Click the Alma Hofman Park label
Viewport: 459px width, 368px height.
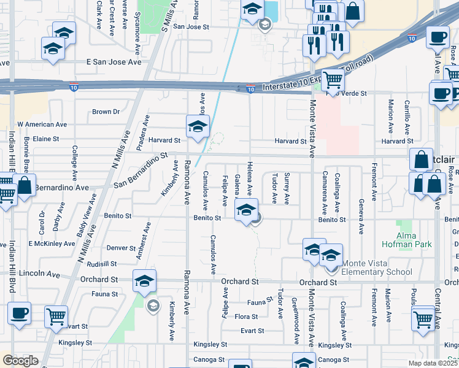pos(414,240)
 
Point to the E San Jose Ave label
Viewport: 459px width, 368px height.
pos(114,62)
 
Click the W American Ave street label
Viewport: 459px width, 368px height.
pos(42,123)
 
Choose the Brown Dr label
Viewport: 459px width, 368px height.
pos(106,112)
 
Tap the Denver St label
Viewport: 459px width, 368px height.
pos(121,248)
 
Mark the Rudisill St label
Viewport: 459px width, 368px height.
pos(102,264)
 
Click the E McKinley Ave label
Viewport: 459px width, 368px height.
pos(52,243)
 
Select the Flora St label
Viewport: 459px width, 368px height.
pos(246,316)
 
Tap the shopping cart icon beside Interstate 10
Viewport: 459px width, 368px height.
pos(333,80)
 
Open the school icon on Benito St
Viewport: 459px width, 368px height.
pos(246,210)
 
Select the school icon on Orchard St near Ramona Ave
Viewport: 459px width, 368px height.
pos(145,280)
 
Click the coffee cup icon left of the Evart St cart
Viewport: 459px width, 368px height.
pos(19,313)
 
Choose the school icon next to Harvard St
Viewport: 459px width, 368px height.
pos(198,126)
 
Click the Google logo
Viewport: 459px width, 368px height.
pos(20,361)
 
